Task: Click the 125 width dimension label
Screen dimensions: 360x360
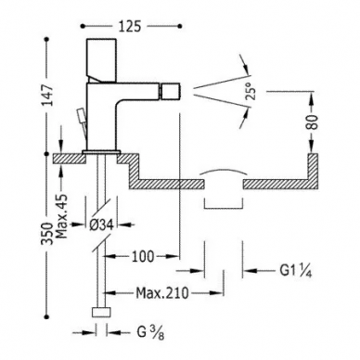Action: tap(129, 27)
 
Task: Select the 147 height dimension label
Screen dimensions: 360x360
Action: tap(49, 95)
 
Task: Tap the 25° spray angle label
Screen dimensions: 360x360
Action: tap(252, 90)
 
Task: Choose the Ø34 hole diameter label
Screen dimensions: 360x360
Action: tap(101, 225)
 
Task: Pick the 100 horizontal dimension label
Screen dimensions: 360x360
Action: tap(143, 256)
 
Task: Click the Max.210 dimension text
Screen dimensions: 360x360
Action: tap(162, 292)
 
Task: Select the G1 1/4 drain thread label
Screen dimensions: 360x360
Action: tap(295, 271)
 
